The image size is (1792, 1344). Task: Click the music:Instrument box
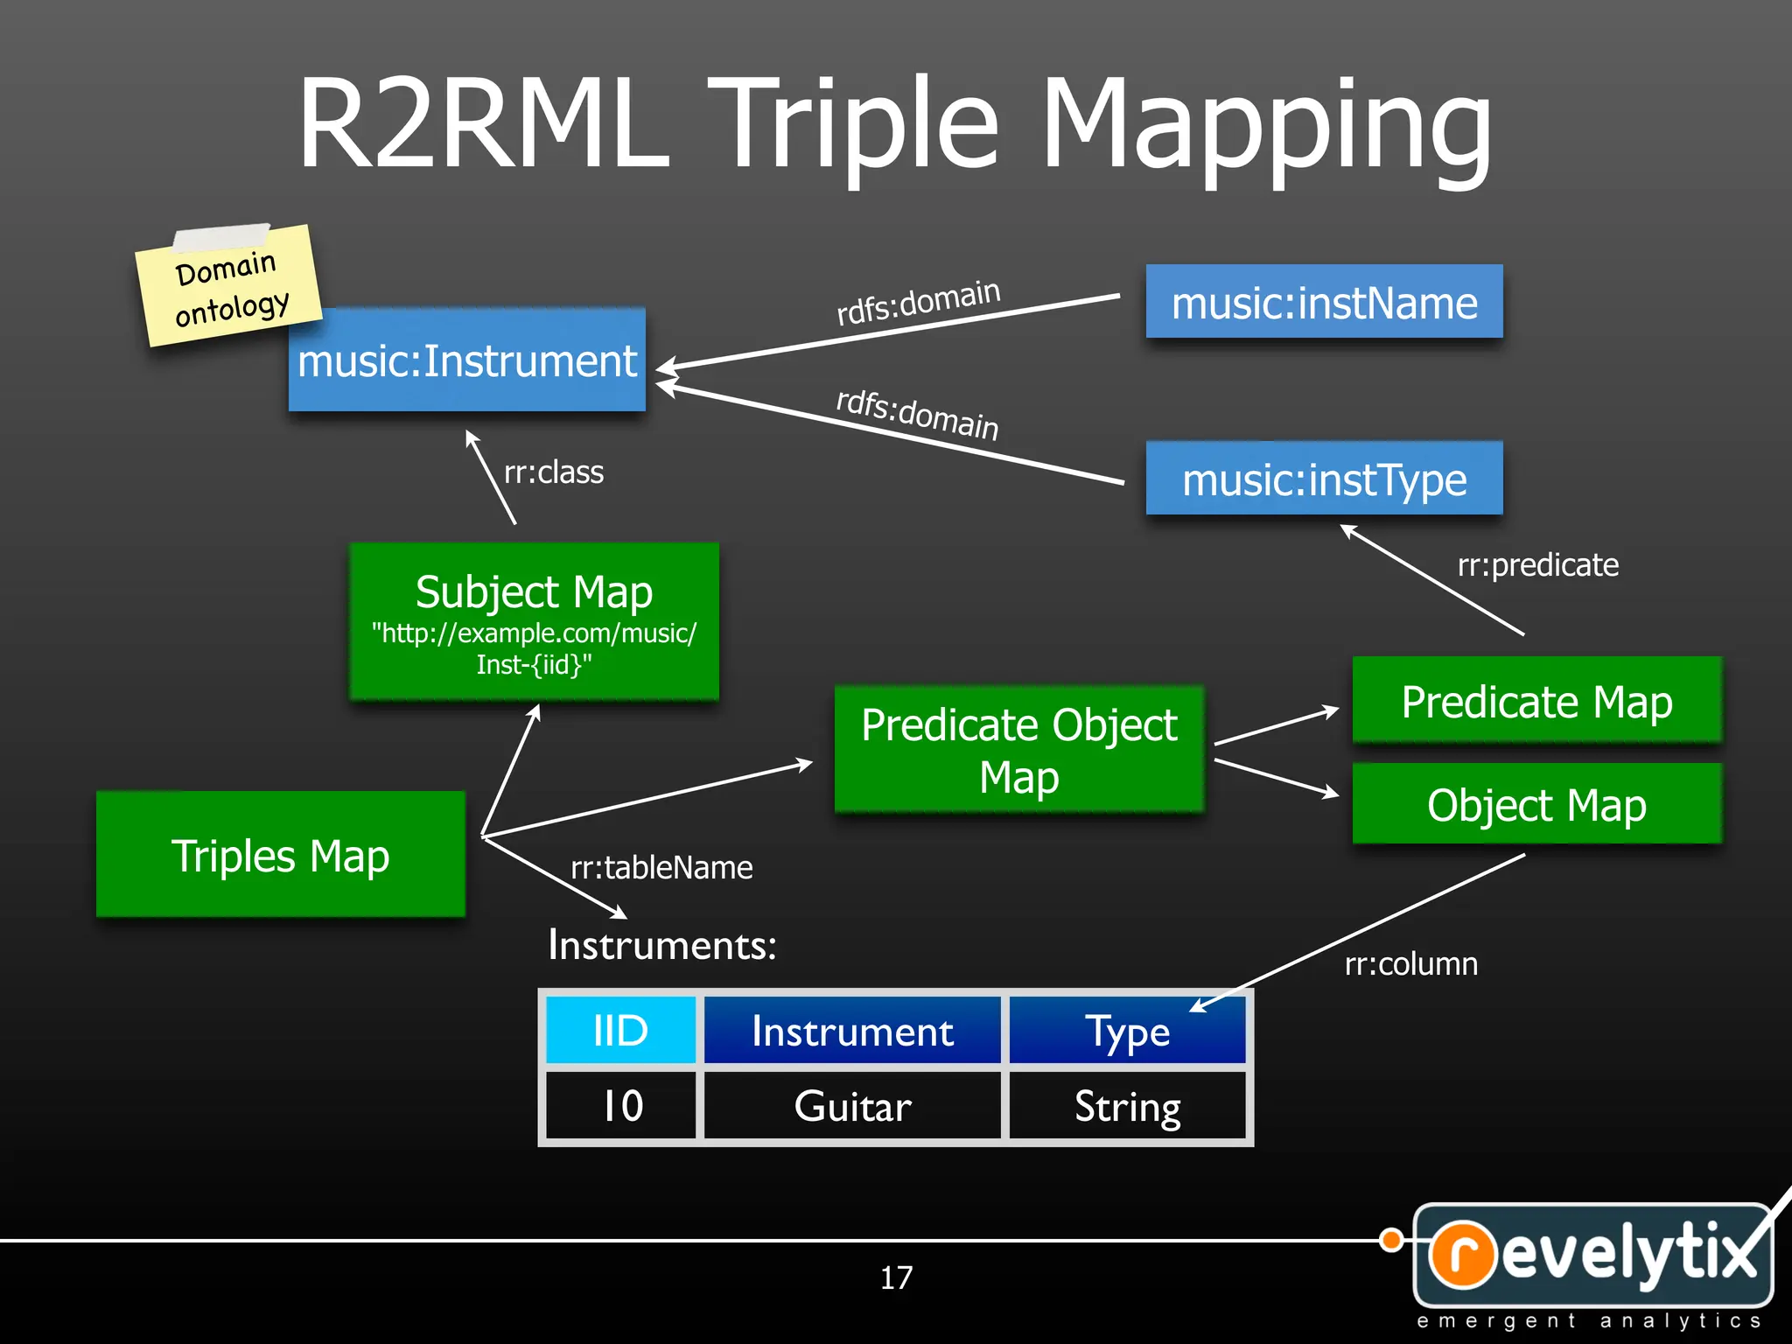click(x=466, y=360)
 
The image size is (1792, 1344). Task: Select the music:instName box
click(x=1324, y=302)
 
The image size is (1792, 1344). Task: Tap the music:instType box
click(x=1324, y=479)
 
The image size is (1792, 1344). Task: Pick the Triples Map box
click(x=280, y=855)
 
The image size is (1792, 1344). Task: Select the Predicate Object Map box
click(x=1019, y=750)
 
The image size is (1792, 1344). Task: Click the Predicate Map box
click(x=1536, y=701)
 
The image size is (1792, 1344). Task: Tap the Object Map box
click(x=1536, y=804)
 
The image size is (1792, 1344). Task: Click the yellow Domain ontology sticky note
click(x=229, y=287)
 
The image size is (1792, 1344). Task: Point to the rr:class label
click(x=553, y=472)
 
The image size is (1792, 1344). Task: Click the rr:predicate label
click(x=1537, y=565)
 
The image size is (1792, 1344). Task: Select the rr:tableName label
click(x=661, y=868)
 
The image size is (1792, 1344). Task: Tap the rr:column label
click(x=1410, y=964)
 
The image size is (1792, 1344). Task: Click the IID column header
click(x=620, y=1031)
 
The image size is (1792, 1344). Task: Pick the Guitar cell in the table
click(x=852, y=1106)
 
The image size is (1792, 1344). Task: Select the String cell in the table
click(x=1127, y=1106)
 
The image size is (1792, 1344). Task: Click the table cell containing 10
click(x=620, y=1106)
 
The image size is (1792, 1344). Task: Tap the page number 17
click(x=896, y=1277)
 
